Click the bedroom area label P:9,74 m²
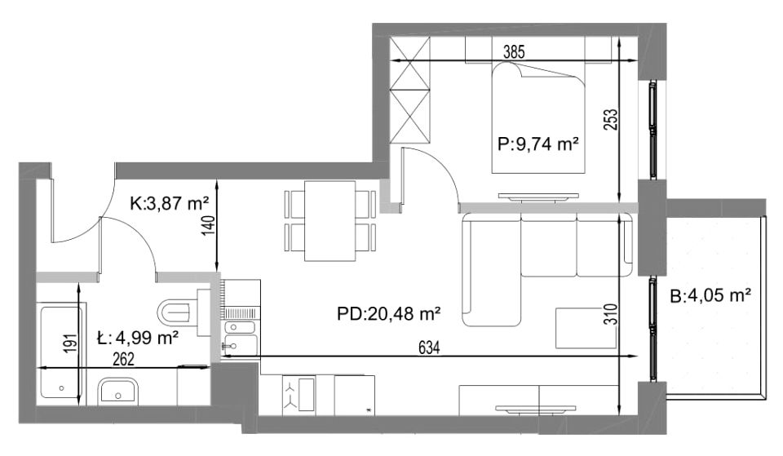pos(537,144)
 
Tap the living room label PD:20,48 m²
pos(388,314)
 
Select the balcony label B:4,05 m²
pos(710,296)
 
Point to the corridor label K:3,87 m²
pos(169,203)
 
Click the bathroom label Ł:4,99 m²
pos(137,339)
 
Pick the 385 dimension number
pos(514,52)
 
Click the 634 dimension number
pos(429,348)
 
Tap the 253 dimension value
pos(611,120)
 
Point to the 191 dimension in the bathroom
pos(72,343)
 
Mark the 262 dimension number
pos(123,359)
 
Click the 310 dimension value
pos(611,314)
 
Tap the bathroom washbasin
pos(118,391)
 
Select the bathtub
pos(61,353)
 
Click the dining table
pos(330,221)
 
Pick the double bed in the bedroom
pos(538,117)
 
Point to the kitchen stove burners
pos(299,394)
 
